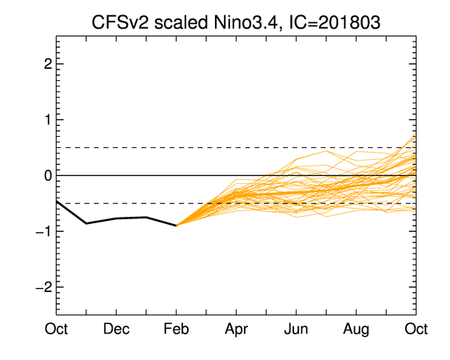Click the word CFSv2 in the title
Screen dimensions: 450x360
tap(120, 22)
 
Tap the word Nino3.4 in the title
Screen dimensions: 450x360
tap(246, 22)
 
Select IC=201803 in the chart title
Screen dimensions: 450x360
tap(334, 22)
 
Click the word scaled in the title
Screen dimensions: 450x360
tap(181, 22)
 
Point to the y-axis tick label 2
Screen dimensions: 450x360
tap(48, 64)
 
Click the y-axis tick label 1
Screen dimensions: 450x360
tap(48, 120)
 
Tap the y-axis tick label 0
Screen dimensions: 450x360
tap(48, 175)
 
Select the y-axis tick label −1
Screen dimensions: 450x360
tap(44, 231)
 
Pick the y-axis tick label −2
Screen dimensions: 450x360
tap(44, 287)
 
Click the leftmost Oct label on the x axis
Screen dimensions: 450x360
tap(56, 329)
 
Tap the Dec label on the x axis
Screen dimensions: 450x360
tap(116, 329)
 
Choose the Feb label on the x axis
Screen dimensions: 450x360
tap(176, 329)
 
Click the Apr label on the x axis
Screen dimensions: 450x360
tap(237, 330)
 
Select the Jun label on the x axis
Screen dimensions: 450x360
tap(297, 329)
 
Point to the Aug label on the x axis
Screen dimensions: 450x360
tap(356, 330)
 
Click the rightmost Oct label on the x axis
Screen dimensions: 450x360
tap(416, 329)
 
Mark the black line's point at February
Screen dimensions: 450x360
tap(176, 226)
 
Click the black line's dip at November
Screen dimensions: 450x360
tap(86, 223)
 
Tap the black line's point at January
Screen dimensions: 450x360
tap(146, 218)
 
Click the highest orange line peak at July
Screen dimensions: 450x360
tap(326, 151)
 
